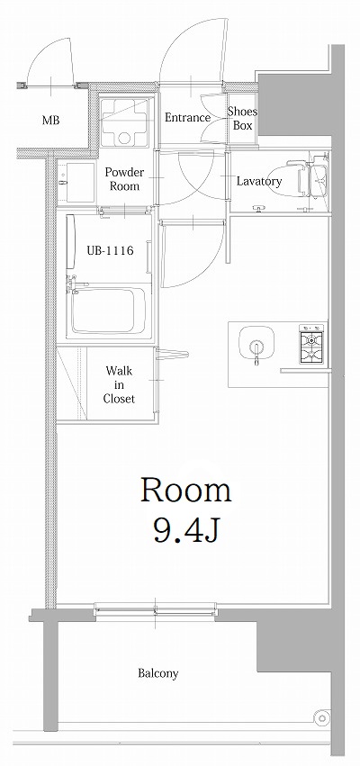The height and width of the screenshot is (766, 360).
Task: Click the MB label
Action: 50,120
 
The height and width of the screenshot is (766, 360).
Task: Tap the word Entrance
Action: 187,118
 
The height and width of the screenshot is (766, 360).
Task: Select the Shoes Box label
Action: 242,118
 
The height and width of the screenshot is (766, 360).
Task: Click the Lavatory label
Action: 259,182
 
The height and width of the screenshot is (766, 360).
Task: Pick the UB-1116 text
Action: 111,251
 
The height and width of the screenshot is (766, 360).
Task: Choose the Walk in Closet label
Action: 119,383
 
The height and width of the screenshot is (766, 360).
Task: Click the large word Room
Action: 185,491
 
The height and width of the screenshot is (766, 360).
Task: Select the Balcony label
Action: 157,673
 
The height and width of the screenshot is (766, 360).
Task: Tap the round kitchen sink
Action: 256,345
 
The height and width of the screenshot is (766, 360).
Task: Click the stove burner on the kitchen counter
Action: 311,340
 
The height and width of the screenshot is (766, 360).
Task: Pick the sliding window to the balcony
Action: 156,610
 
